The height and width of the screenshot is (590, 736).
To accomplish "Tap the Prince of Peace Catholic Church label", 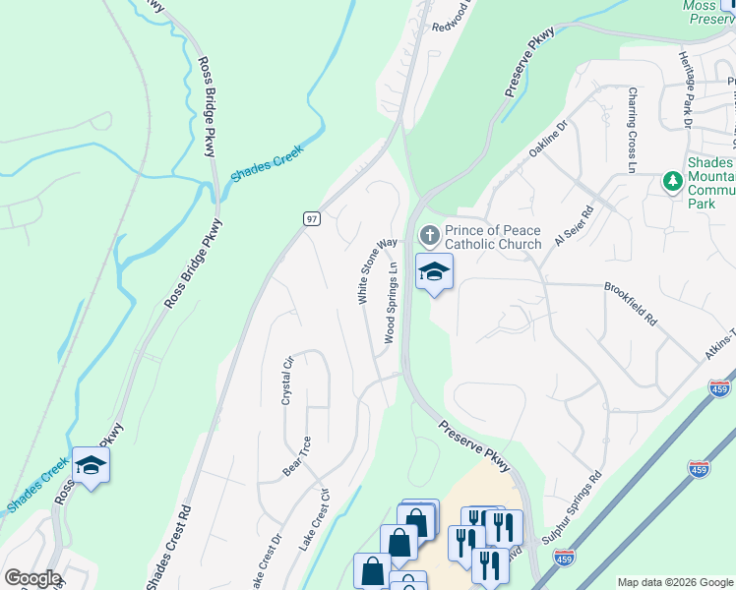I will click(x=492, y=237).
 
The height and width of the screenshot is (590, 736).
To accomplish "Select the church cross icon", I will click(x=429, y=236).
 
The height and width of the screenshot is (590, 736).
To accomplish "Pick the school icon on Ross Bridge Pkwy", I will click(x=91, y=465).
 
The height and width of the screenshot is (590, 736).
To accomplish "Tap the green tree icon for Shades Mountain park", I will click(x=673, y=181).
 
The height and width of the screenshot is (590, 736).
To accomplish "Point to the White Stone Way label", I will click(x=377, y=270).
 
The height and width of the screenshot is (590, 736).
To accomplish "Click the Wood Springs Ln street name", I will click(x=391, y=303).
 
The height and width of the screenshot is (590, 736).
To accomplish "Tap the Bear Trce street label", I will click(x=297, y=456).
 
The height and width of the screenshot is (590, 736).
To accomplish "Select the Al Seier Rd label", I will click(x=575, y=227).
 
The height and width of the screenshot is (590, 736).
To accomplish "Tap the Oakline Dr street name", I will click(x=549, y=140).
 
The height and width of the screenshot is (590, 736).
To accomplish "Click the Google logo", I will click(x=32, y=578).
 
